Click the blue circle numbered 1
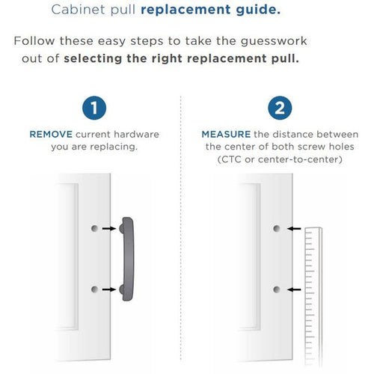point(94,108)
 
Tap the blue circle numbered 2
point(280,108)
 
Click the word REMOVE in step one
point(51,135)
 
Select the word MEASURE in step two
point(226,135)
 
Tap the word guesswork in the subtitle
point(274,41)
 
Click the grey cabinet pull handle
point(127,259)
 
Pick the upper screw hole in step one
point(94,228)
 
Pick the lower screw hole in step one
point(94,289)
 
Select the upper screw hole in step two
point(277,228)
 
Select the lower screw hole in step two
point(277,289)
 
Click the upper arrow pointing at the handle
point(109,228)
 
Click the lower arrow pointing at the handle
point(109,289)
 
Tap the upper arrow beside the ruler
point(294,228)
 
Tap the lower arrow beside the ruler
point(294,289)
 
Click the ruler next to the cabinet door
point(313,297)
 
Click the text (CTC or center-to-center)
point(280,159)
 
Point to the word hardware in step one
point(136,135)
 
